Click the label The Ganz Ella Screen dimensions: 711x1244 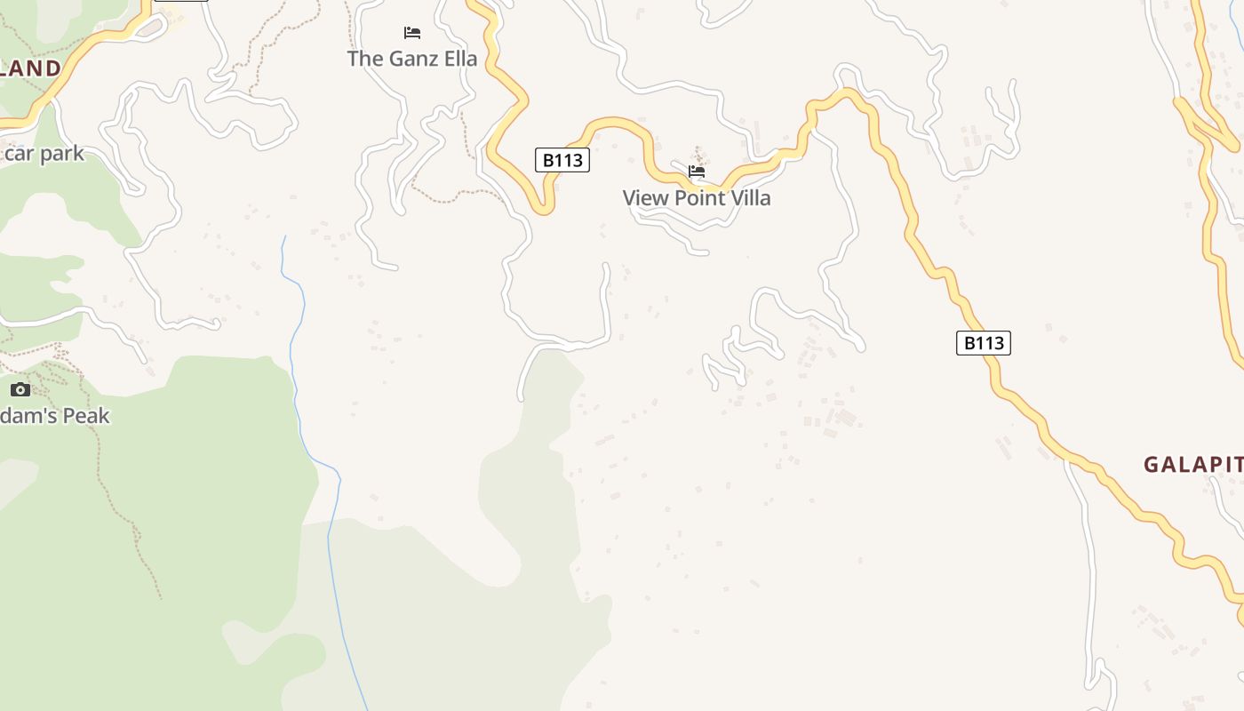click(412, 59)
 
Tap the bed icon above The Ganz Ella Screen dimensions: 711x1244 click(412, 33)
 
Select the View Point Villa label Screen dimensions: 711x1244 click(697, 198)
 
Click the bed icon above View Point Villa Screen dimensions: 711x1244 click(697, 172)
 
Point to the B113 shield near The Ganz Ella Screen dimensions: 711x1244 click(562, 160)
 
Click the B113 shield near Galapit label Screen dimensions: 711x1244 click(984, 343)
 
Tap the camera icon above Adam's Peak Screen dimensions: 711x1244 click(20, 389)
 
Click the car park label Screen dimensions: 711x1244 click(44, 154)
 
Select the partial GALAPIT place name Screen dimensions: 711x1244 click(1192, 464)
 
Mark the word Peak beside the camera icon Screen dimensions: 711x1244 click(85, 415)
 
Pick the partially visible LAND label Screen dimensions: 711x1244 click(30, 68)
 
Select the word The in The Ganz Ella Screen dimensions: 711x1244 click(364, 59)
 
